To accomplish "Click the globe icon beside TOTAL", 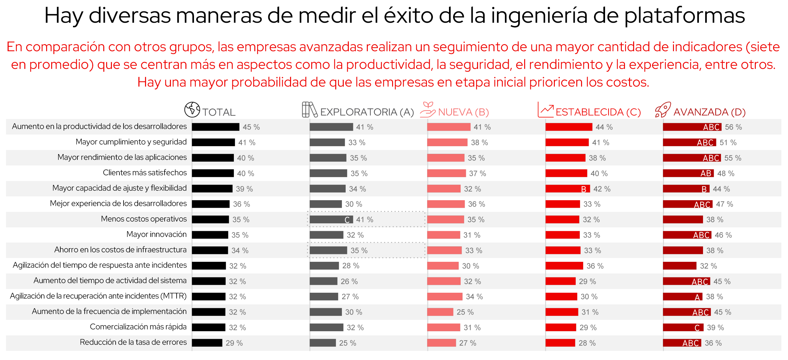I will pos(192,110).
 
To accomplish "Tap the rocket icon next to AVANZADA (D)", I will pos(663,110).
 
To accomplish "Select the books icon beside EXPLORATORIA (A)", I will pos(309,110).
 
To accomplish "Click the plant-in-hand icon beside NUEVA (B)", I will pos(427,110).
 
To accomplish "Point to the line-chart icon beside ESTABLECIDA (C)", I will pos(545,110).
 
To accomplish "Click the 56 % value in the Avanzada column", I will pos(733,127).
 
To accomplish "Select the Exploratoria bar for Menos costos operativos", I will pos(331,219).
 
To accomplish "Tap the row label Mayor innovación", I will pos(156,234).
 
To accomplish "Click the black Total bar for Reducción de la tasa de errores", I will pos(207,343).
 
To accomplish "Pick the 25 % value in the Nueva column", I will pos(465,312).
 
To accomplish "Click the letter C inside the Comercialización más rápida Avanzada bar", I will pos(697,328).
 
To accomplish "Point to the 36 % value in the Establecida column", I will pos(595,266).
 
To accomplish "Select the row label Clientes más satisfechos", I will pos(145,173).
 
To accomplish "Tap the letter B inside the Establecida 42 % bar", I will pos(584,189).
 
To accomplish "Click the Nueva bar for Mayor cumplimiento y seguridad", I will pos(447,142).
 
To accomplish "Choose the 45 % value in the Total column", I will pos(251,127).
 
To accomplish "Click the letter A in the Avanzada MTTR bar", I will pos(697,297).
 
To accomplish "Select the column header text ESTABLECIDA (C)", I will pos(598,112).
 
